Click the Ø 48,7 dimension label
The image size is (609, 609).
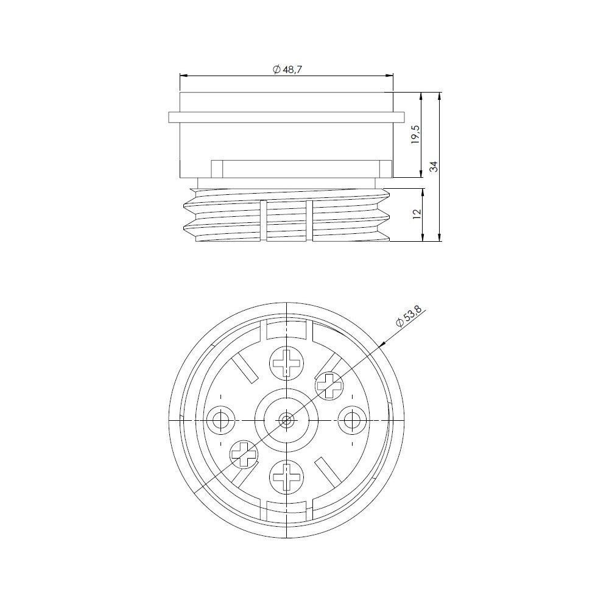(288, 69)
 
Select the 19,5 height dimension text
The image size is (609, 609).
(416, 135)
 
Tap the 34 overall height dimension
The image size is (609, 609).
(434, 166)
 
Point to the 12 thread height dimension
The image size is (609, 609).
(416, 214)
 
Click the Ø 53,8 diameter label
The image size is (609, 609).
(408, 317)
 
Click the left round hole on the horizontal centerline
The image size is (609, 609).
(220, 421)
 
